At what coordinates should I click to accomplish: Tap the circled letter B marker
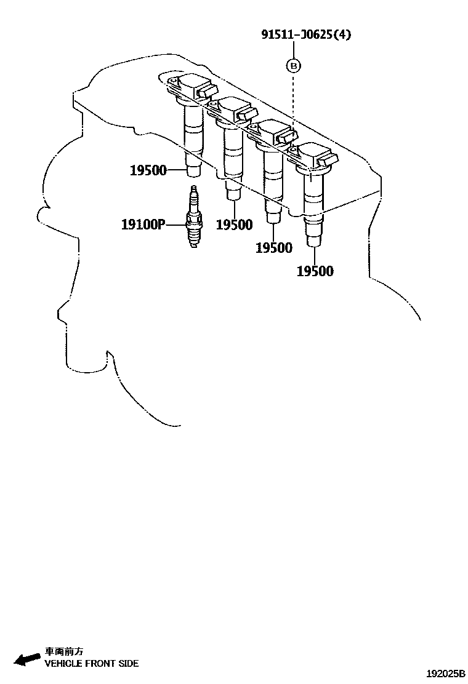coord(294,65)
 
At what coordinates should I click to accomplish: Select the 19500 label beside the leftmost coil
coord(148,170)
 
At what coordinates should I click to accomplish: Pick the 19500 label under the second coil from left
coord(234,225)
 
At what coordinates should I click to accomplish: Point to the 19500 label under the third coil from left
coord(274,247)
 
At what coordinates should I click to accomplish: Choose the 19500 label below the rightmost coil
coord(315,271)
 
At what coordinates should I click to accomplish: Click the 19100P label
coord(143,225)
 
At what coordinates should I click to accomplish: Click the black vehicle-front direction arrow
coord(28,659)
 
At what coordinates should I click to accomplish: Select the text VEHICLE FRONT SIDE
coord(91,664)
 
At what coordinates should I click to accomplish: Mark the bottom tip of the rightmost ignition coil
coord(314,242)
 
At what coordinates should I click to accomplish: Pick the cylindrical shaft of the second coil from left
coord(232,154)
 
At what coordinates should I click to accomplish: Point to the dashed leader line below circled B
coord(294,98)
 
